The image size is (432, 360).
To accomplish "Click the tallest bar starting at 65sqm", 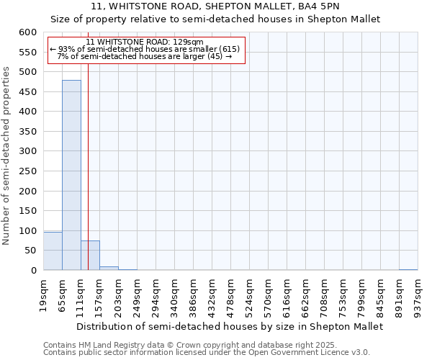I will point(71,175).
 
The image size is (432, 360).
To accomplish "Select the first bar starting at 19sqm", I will point(53,251).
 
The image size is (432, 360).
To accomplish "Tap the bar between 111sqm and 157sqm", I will point(90,256).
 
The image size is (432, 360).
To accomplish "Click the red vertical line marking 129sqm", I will point(88,180).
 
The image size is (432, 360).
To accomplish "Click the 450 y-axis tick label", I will point(27,112).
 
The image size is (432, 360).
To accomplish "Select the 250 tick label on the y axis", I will point(27,191).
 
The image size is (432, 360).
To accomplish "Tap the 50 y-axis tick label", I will point(30,251).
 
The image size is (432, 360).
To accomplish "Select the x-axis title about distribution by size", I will point(230,326).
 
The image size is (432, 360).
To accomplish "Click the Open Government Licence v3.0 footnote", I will point(207,353).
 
